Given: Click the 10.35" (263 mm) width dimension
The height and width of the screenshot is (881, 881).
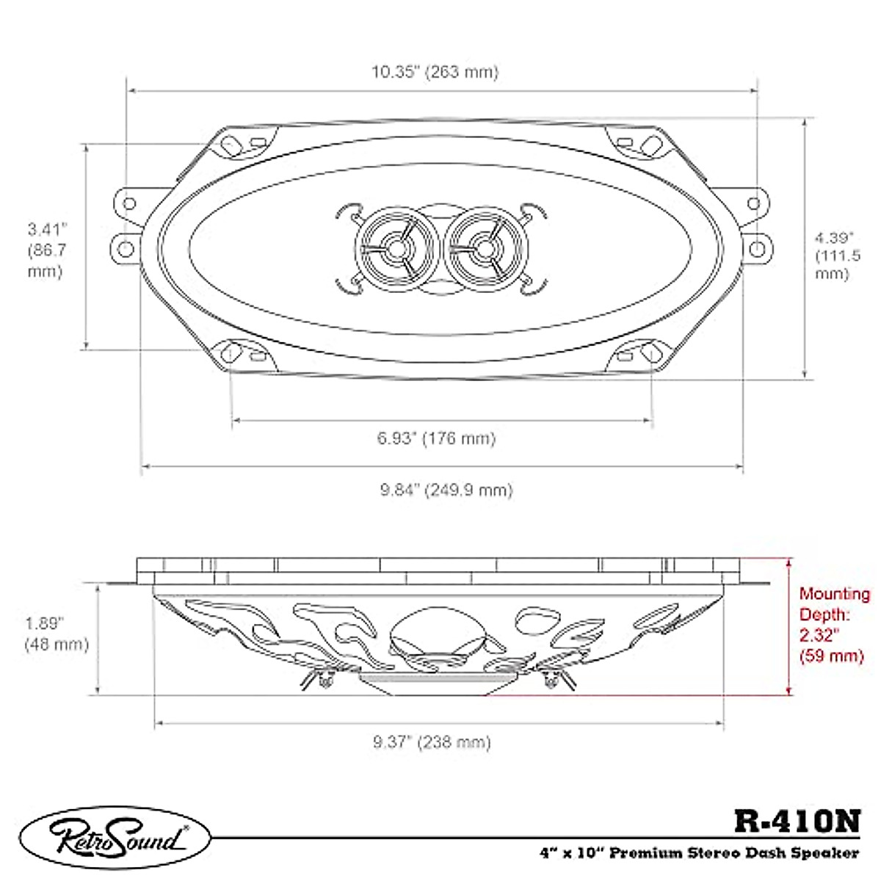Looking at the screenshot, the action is pyautogui.click(x=434, y=72).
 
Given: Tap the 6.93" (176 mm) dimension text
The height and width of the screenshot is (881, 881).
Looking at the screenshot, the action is pyautogui.click(x=436, y=438).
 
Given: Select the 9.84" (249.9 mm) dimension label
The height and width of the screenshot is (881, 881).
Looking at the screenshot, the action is pyautogui.click(x=446, y=490).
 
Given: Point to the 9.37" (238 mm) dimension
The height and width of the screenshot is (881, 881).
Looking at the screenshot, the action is pyautogui.click(x=432, y=742).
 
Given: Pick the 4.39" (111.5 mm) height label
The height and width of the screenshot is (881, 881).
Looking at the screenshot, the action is pyautogui.click(x=838, y=256).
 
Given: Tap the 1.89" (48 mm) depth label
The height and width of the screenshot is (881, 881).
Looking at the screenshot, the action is pyautogui.click(x=57, y=634).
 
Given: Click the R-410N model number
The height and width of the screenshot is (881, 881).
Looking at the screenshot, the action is pyautogui.click(x=797, y=821).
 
